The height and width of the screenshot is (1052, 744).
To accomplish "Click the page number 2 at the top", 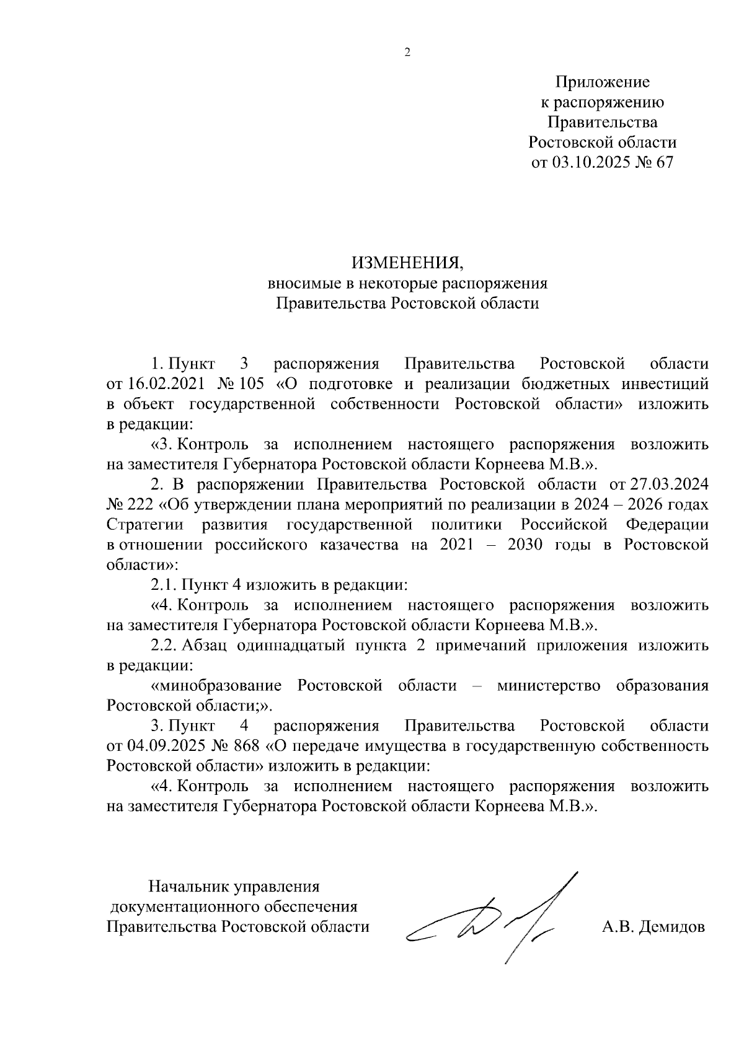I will [x=407, y=53].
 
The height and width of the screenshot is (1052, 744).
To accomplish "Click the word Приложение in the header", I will [x=602, y=82].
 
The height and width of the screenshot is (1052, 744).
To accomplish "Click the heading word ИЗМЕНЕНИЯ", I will [x=407, y=263].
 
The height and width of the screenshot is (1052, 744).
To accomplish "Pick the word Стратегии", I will [x=145, y=525].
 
